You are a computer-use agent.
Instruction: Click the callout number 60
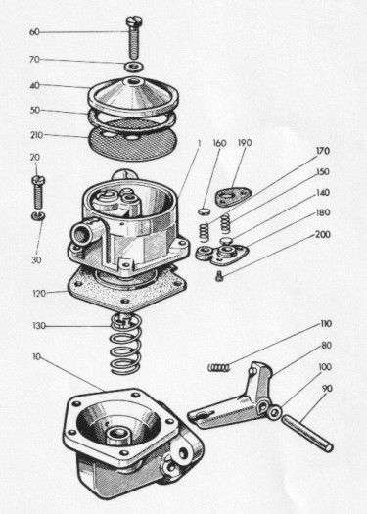pos(34,32)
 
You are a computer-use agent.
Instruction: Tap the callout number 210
pos(37,135)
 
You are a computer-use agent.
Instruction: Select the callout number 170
pos(322,151)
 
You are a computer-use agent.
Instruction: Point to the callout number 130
pos(39,326)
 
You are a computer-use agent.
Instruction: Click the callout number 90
pos(327,389)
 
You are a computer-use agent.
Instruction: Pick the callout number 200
pos(323,235)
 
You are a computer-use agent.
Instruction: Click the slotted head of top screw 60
pos(135,21)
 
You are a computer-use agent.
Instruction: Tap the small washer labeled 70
pos(133,67)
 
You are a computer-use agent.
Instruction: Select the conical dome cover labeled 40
pos(133,96)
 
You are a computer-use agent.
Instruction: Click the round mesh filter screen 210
pos(133,140)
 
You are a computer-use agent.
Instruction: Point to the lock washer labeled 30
pos(38,215)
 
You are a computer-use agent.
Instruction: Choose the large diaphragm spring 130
pos(126,344)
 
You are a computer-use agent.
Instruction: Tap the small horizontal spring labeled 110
pos(219,367)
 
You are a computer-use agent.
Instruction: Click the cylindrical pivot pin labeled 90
pos(307,433)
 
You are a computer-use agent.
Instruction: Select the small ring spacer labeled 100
pos(274,411)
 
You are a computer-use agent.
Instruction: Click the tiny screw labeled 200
pos(219,277)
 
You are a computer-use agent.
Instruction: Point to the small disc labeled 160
pos(204,210)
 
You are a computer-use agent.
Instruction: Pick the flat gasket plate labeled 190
pos(232,198)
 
